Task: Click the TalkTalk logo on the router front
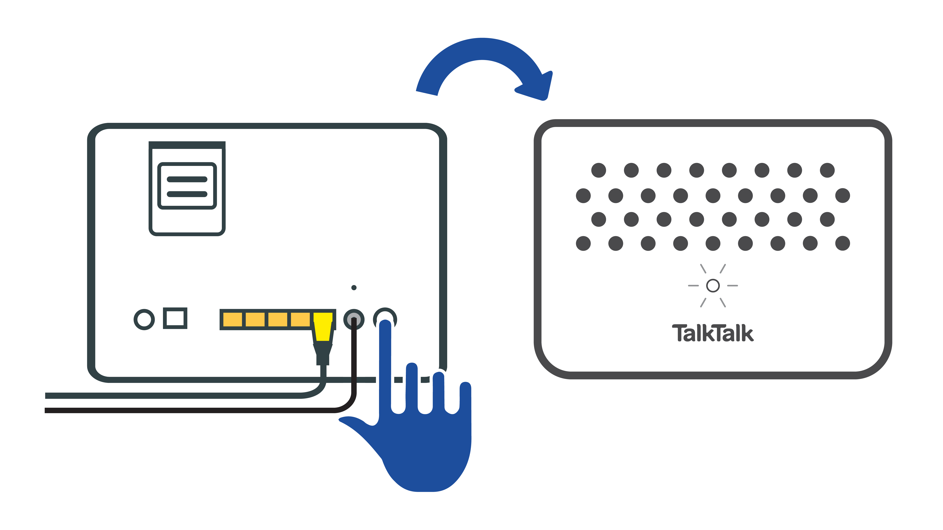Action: [x=712, y=333]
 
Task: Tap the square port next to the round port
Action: [x=175, y=318]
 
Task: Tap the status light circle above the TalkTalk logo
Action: [x=713, y=286]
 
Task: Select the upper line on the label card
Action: [x=187, y=179]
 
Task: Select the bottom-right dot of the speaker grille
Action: [x=842, y=243]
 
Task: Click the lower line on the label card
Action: [x=187, y=194]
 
